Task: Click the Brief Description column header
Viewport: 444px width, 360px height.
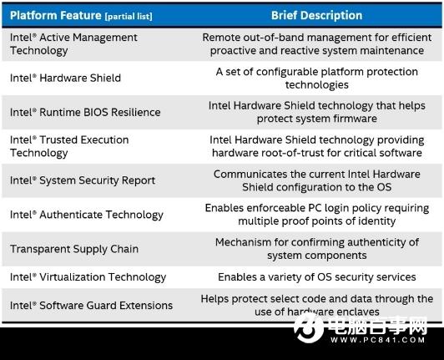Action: (316, 14)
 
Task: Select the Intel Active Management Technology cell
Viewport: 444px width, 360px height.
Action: (73, 43)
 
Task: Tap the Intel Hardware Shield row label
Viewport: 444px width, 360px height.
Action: (65, 78)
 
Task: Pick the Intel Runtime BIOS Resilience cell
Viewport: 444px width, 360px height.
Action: (85, 112)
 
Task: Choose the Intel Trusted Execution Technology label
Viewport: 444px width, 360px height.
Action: (69, 146)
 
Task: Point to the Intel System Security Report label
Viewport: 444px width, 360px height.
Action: (83, 180)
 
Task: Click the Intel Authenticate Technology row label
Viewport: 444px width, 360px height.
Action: (87, 215)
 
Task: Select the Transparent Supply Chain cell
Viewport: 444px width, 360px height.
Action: (74, 249)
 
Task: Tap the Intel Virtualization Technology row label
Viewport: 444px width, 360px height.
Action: (88, 276)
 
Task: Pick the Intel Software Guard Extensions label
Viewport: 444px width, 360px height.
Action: (91, 305)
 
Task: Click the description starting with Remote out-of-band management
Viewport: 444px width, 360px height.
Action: (316, 43)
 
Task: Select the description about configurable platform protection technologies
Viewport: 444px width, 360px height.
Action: (316, 78)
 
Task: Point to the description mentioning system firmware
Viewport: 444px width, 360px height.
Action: (316, 112)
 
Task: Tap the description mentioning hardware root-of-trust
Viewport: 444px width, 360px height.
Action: (316, 146)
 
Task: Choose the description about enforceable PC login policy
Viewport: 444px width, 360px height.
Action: (316, 215)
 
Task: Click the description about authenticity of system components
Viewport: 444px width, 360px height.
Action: (316, 249)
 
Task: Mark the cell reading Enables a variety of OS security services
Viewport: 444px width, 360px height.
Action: (316, 276)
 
